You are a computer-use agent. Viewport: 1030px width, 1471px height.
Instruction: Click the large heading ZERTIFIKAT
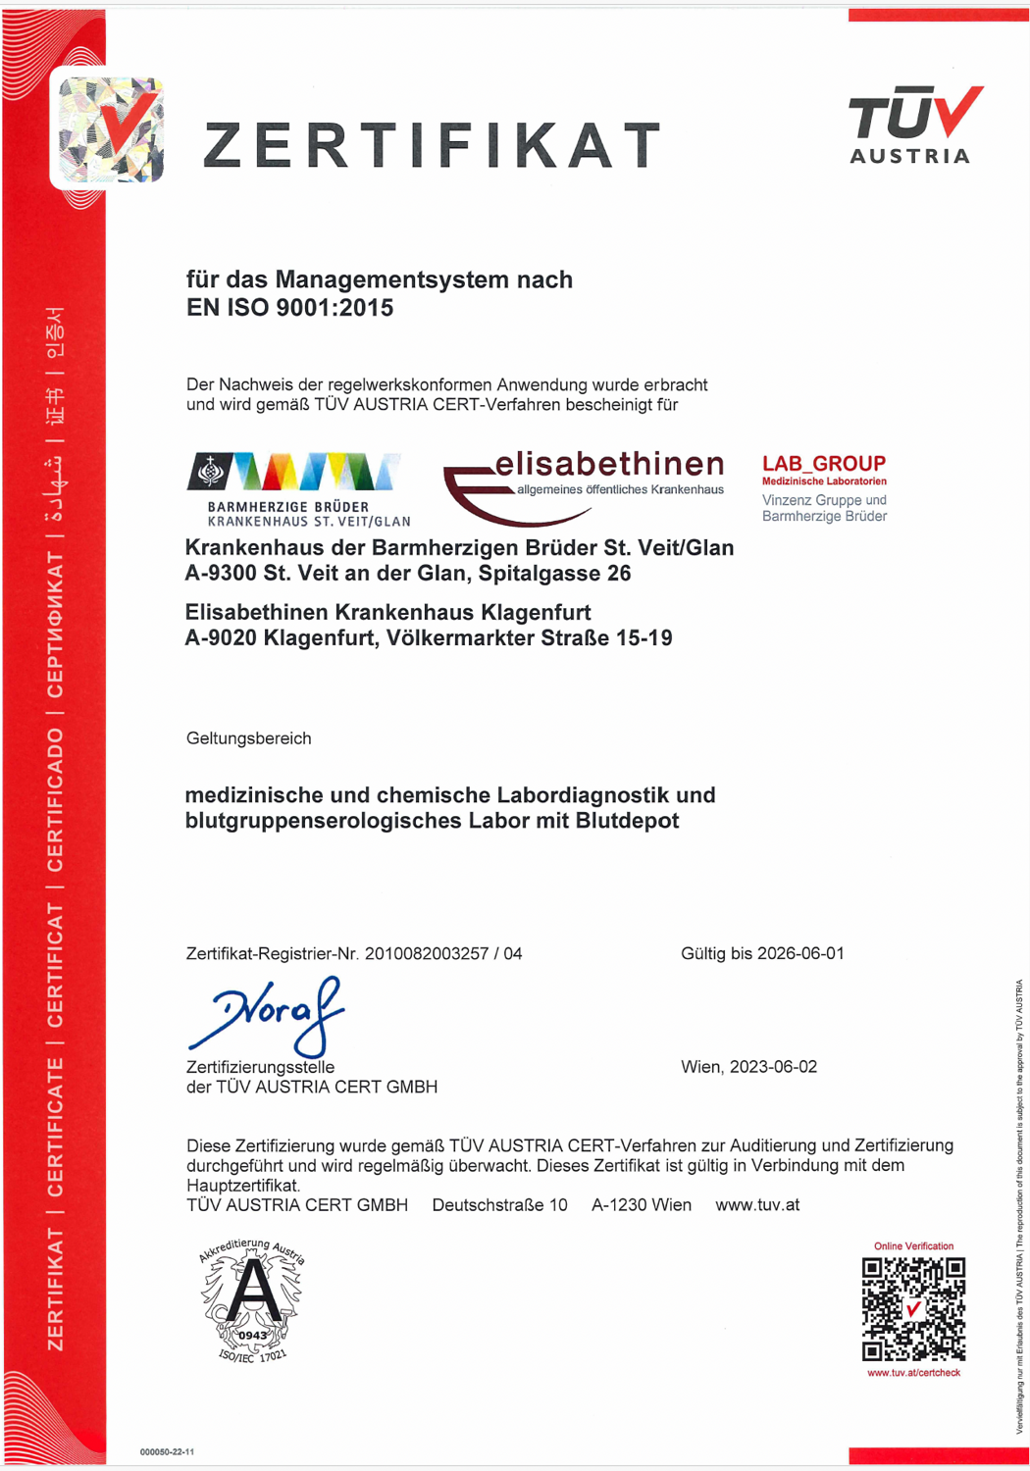433,145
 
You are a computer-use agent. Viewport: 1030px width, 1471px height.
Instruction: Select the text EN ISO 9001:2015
289,308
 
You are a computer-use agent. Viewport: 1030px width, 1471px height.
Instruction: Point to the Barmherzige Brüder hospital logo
298,489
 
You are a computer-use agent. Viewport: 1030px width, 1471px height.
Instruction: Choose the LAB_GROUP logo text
824,463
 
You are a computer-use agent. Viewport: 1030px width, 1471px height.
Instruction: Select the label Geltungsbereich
248,738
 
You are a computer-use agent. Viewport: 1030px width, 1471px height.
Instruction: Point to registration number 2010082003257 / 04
442,953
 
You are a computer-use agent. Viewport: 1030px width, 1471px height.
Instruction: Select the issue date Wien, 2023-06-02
748,1067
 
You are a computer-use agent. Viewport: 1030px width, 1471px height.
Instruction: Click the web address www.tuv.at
757,1205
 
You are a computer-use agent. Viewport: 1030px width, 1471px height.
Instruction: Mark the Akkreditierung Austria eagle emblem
252,1300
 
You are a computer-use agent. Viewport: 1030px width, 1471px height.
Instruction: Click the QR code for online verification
913,1309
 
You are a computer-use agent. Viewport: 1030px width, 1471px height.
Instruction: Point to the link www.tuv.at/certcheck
913,1373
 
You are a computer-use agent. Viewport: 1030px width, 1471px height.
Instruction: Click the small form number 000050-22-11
167,1451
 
